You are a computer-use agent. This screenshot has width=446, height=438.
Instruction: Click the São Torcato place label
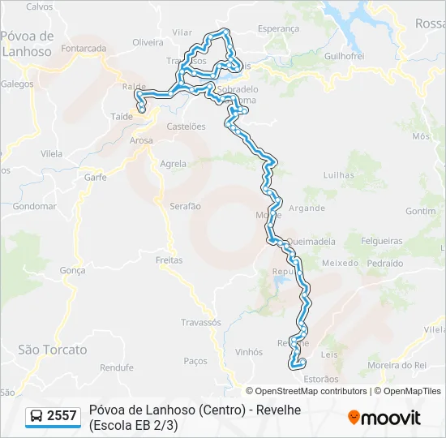click(x=52, y=350)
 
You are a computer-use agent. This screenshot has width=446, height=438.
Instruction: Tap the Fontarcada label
click(x=84, y=49)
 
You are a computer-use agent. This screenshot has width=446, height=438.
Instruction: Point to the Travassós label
click(x=201, y=322)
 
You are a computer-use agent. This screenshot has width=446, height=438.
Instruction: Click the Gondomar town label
click(x=35, y=206)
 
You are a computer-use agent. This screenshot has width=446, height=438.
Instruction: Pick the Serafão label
click(x=185, y=206)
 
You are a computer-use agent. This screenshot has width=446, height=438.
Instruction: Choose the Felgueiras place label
click(x=382, y=241)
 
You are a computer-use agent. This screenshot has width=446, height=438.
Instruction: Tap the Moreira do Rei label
click(x=397, y=366)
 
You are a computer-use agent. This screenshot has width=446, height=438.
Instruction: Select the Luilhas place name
click(x=338, y=174)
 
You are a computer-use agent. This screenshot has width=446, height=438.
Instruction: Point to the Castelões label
click(x=186, y=127)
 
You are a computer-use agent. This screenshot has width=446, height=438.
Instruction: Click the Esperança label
click(x=255, y=28)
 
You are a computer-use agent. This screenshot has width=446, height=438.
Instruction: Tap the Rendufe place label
click(x=117, y=367)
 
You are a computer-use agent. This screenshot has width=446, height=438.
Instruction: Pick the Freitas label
click(x=169, y=260)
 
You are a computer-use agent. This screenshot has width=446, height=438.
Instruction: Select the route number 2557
click(x=62, y=416)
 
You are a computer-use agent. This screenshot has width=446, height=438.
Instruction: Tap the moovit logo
click(x=384, y=418)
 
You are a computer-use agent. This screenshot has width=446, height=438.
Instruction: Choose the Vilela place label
click(x=51, y=153)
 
